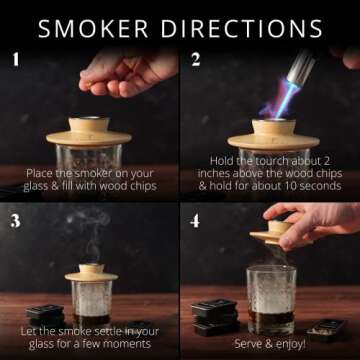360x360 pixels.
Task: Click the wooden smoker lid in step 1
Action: [89, 132]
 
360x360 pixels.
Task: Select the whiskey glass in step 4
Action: [270, 299]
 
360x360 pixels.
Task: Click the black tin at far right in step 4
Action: [329, 329]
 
